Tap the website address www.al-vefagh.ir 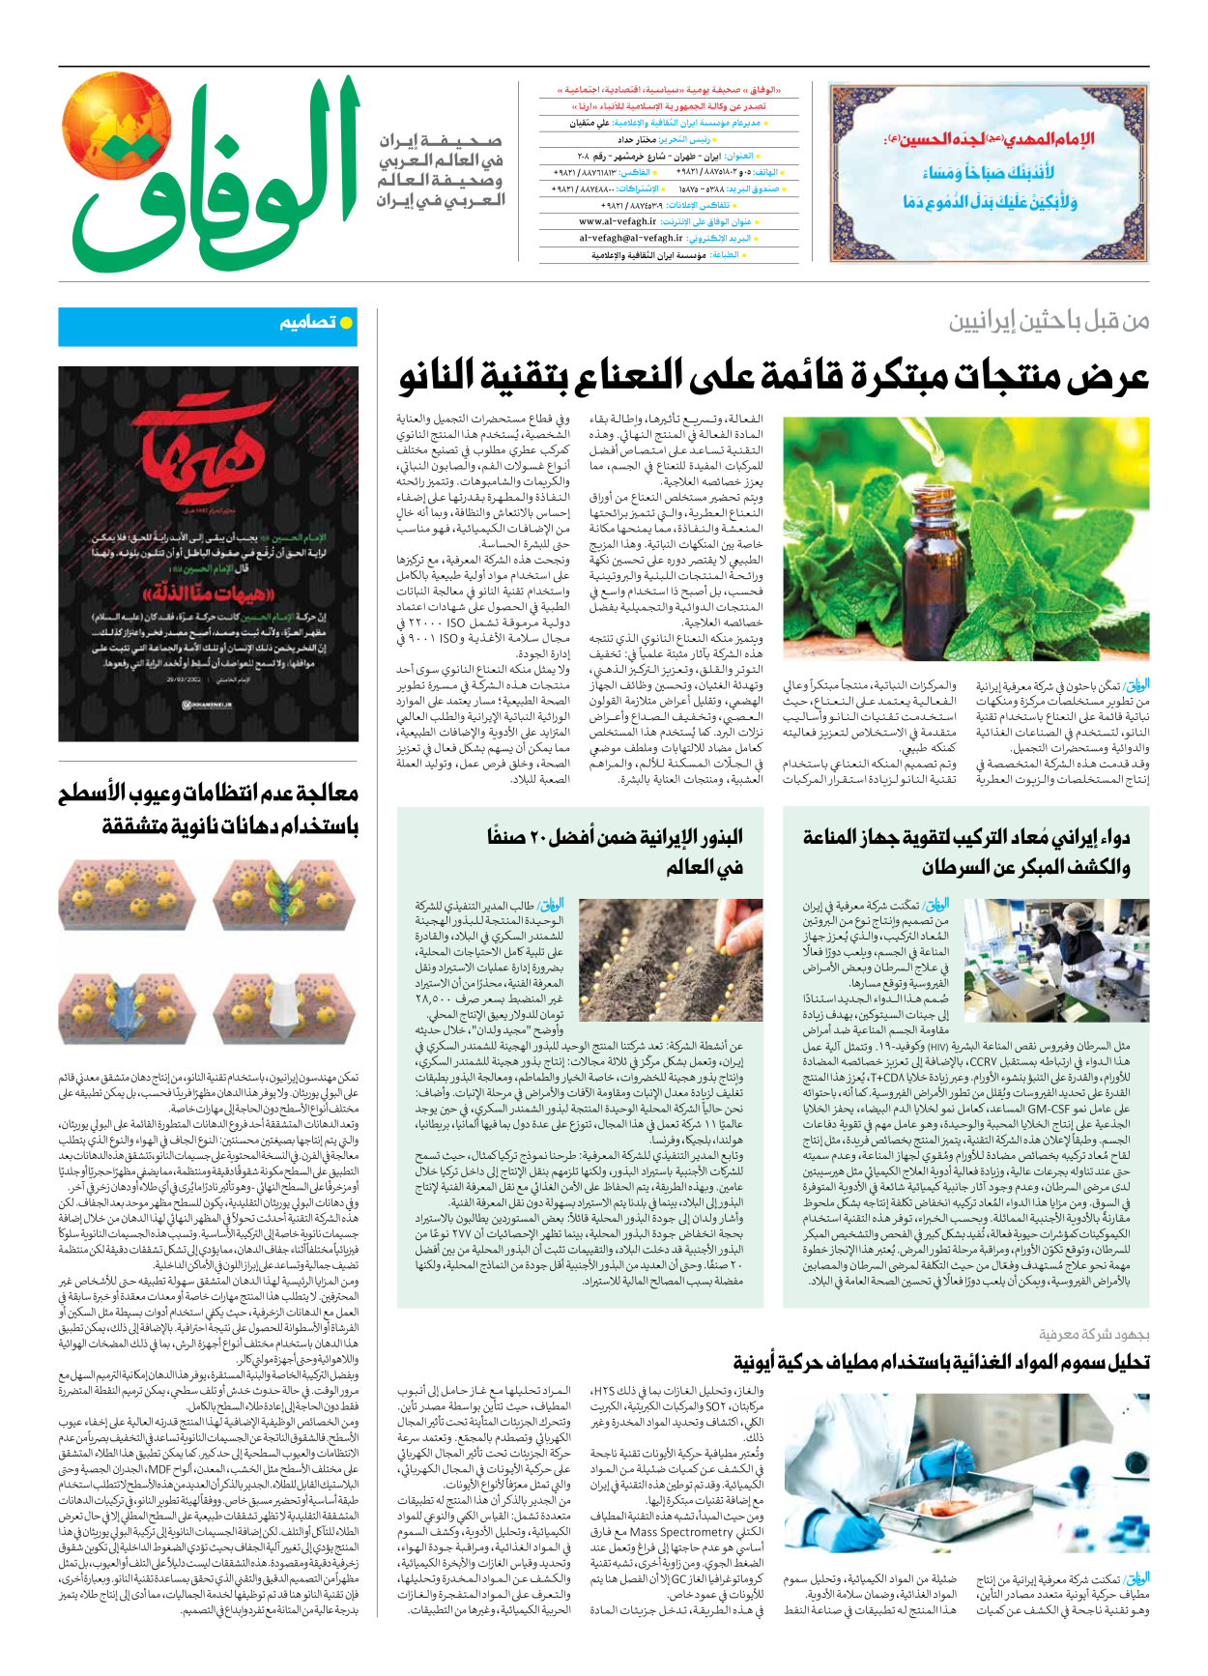click(x=618, y=221)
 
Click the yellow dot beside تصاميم click(x=346, y=323)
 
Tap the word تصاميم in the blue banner click(x=307, y=323)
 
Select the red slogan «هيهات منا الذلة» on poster click(x=209, y=591)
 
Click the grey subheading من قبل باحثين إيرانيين click(x=1049, y=322)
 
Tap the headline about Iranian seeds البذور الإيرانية click(x=615, y=851)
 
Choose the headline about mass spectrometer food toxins click(x=941, y=1362)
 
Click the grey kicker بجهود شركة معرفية click(x=1094, y=1335)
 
